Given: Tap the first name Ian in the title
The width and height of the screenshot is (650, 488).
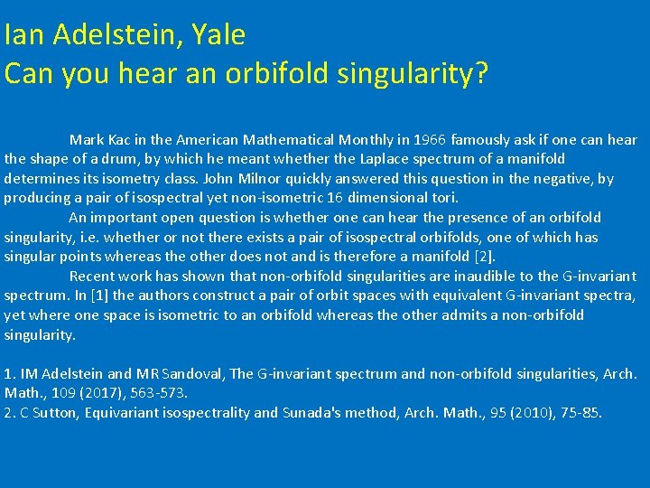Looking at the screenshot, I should click(x=20, y=34).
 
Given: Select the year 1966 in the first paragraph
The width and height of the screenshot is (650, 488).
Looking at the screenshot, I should click(x=429, y=140).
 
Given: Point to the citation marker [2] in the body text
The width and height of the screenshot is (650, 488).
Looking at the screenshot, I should click(x=483, y=257).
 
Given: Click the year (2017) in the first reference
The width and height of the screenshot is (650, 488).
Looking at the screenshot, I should click(x=88, y=393).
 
